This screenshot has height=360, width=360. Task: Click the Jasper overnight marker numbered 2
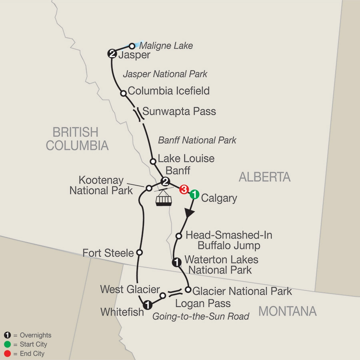coord(112,54)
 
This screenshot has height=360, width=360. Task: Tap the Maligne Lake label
coord(166,46)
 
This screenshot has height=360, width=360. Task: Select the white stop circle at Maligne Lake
coord(132,46)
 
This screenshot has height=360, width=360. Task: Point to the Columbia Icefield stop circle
coord(124,93)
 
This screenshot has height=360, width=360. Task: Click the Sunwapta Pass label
coord(179,111)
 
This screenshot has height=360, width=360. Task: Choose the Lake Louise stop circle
coord(152,162)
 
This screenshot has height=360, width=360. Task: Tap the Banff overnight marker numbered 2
coord(164,182)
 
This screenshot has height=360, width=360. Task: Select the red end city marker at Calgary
coord(184,189)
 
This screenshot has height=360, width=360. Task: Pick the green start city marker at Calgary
coord(194,194)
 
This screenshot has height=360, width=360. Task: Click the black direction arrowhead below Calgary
coord(189,214)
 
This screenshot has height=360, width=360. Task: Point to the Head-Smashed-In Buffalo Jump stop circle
coord(179,236)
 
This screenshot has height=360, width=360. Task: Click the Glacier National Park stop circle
coord(188,289)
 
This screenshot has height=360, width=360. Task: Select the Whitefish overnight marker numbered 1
coord(148,305)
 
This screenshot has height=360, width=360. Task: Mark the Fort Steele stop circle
coord(140,252)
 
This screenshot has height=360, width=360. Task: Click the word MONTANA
coord(287,311)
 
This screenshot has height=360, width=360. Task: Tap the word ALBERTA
coord(264,176)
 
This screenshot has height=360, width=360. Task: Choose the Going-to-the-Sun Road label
coord(201,316)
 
